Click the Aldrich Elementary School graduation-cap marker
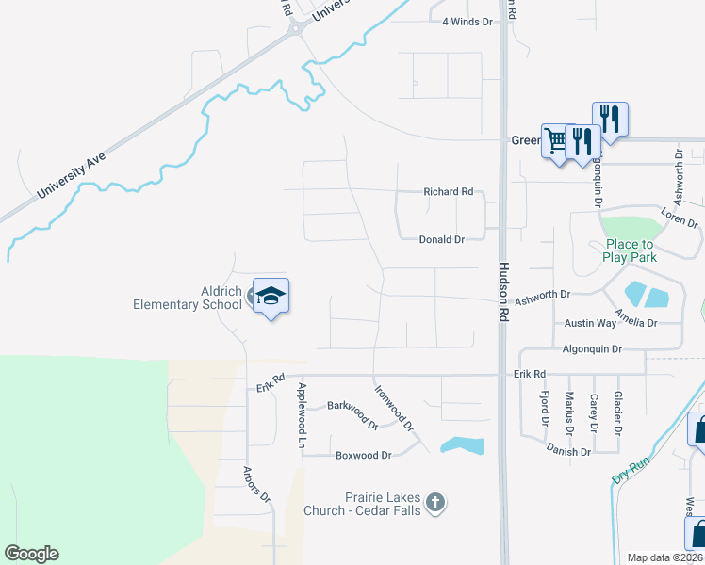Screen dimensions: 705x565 (x=271, y=296)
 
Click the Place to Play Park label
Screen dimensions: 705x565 (x=630, y=250)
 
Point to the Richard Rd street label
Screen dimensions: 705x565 (x=448, y=191)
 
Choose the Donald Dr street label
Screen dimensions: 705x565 (x=441, y=239)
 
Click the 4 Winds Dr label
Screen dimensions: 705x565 (x=467, y=21)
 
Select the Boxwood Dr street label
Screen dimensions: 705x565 (x=363, y=455)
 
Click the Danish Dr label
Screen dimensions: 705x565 (x=567, y=451)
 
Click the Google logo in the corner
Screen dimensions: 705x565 (x=31, y=554)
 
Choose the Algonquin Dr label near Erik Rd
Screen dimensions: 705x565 (x=591, y=348)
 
